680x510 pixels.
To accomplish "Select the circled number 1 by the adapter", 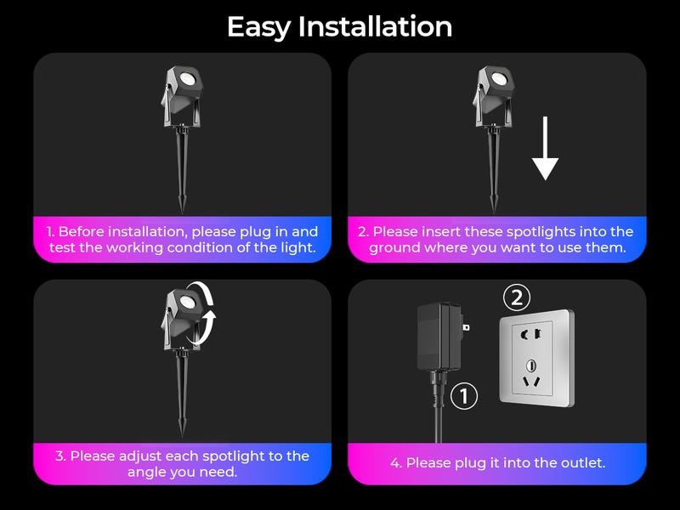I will tap(464, 395).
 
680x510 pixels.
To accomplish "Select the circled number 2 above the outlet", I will tap(517, 298).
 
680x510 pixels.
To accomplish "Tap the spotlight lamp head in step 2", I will tap(499, 83).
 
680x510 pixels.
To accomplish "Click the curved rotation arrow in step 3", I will tap(207, 312).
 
